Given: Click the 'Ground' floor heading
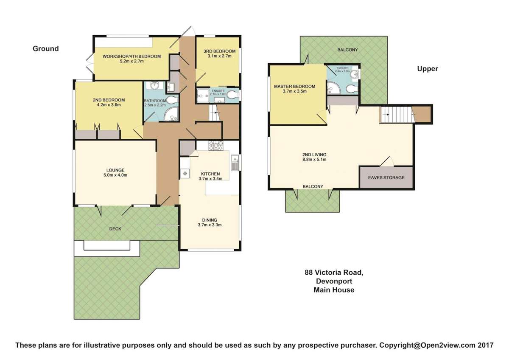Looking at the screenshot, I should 46,49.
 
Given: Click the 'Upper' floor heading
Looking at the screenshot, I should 427,69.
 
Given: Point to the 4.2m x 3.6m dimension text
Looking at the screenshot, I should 108,105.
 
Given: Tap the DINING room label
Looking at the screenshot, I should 210,220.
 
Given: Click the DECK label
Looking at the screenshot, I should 115,229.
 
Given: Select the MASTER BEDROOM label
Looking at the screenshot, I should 295,86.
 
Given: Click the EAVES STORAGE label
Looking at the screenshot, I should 386,177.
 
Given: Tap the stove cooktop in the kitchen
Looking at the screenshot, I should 215,146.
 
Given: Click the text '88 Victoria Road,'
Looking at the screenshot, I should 334,273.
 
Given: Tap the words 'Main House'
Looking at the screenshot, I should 334,290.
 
